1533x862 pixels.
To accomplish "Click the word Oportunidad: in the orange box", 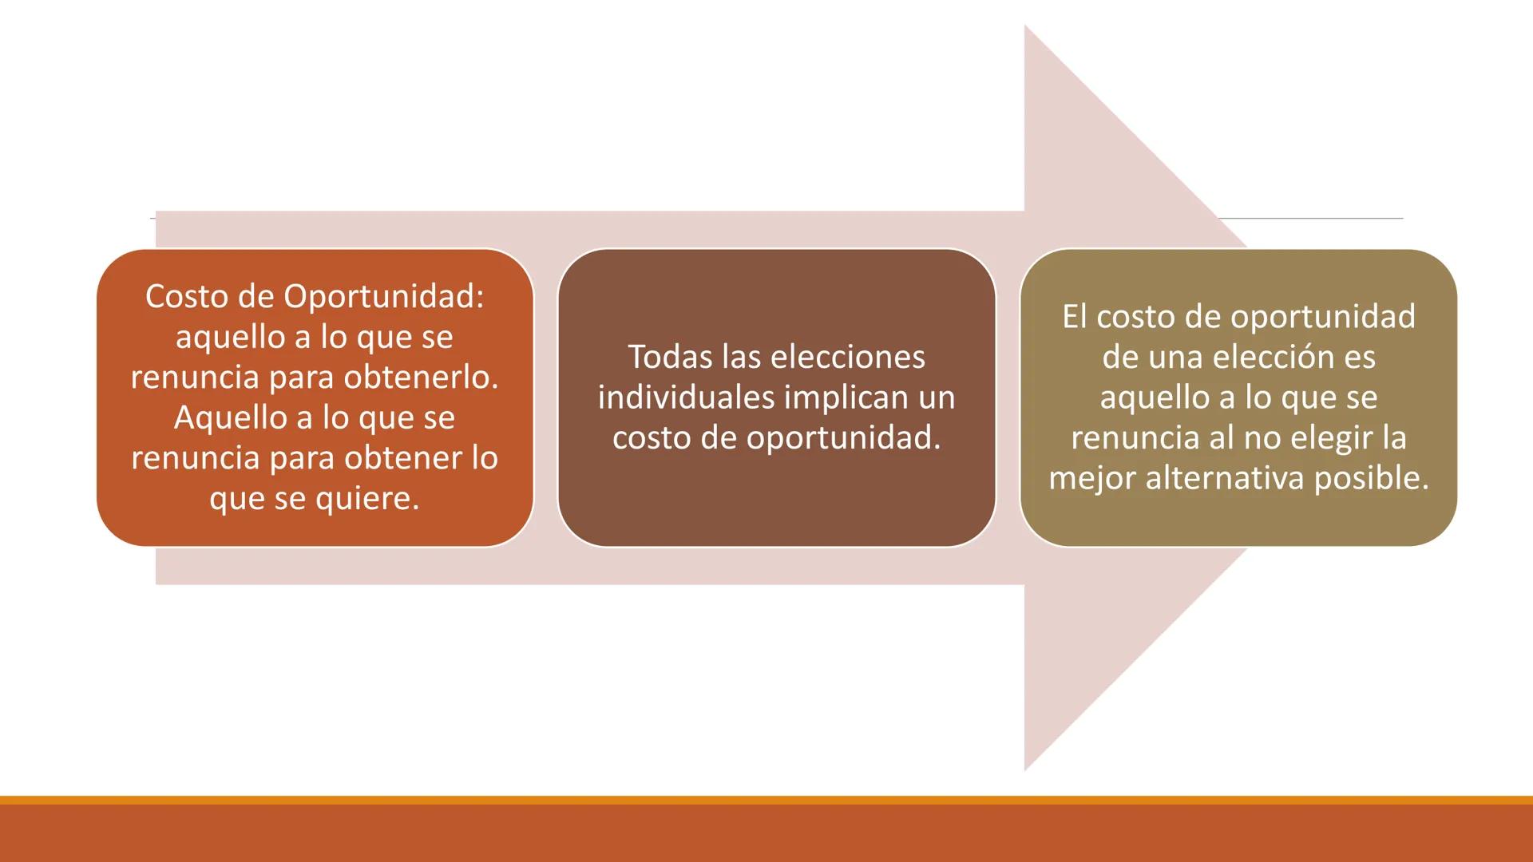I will click(384, 297).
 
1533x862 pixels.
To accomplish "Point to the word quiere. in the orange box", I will click(367, 499).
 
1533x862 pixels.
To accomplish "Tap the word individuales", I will click(684, 397).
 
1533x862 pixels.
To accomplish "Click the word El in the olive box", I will click(1074, 317).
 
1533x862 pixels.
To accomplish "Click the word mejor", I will click(1091, 478).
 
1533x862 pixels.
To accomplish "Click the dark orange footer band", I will click(766, 834).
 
